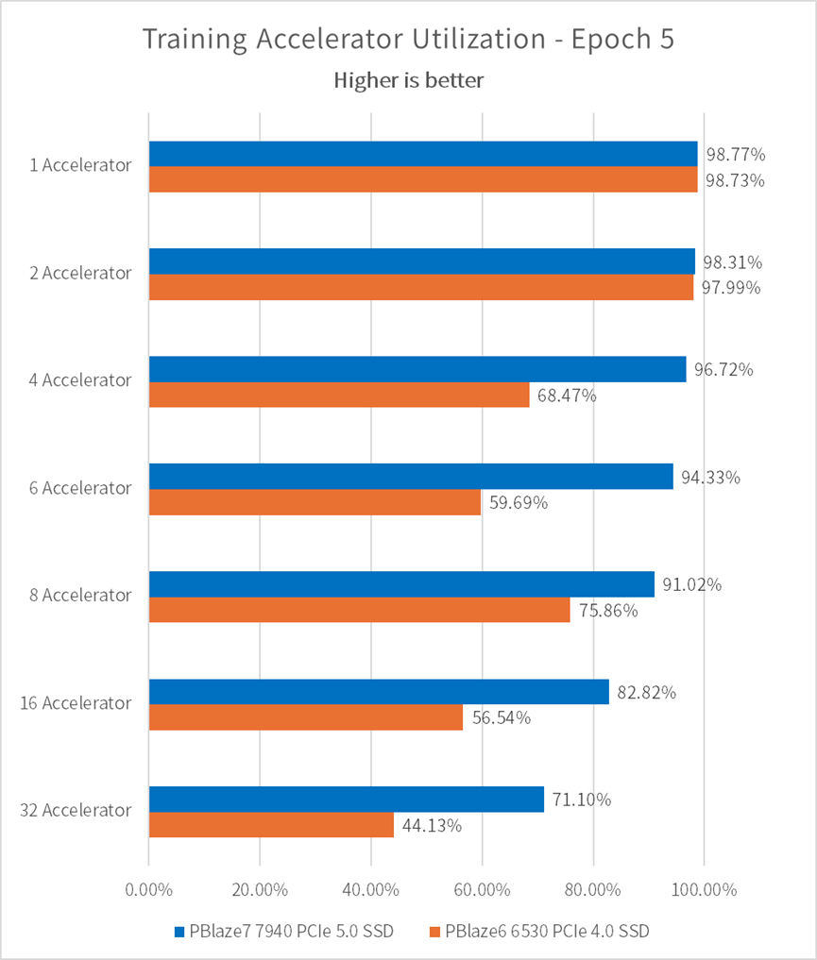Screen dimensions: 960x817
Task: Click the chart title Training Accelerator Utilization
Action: [x=408, y=41]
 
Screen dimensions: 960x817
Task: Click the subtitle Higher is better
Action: [x=408, y=80]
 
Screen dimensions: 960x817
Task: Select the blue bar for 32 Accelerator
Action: [x=346, y=799]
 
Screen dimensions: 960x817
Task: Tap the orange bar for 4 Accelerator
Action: [x=339, y=395]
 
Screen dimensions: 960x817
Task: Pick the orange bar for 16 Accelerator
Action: [x=306, y=717]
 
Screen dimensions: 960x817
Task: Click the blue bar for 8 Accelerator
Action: [x=401, y=584]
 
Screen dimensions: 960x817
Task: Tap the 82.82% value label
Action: [x=646, y=692]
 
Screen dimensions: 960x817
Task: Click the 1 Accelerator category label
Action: [x=80, y=165]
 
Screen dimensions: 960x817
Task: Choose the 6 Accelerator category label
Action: [x=80, y=488]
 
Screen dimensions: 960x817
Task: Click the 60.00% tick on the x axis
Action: [x=482, y=889]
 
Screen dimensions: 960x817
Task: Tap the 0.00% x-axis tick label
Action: [x=148, y=889]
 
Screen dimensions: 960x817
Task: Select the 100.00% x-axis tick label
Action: [x=704, y=889]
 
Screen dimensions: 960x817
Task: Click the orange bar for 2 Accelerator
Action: [x=421, y=287]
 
